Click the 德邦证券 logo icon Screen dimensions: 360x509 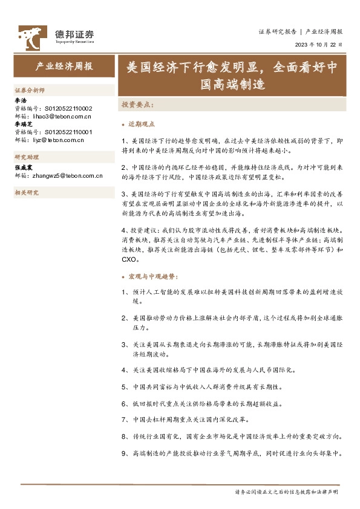tap(31, 37)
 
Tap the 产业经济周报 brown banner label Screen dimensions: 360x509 tap(64, 66)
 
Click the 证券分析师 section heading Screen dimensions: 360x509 tap(29, 90)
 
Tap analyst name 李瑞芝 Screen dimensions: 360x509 tap(22, 123)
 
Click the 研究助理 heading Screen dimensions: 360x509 tap(26, 156)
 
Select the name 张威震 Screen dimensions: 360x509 tap(23, 167)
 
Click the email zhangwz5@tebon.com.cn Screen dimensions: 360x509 tap(67, 175)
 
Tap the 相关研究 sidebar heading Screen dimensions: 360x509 tap(26, 193)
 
